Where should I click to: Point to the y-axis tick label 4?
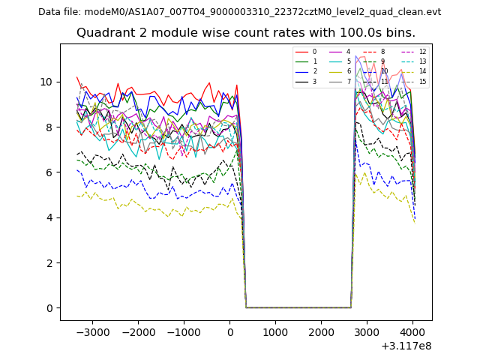pyautogui.click(x=49, y=217)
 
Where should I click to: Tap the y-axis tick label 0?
pyautogui.click(x=49, y=308)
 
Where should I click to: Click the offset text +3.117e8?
pyautogui.click(x=406, y=346)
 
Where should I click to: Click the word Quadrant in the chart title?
pyautogui.click(x=104, y=33)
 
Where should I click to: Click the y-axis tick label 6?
pyautogui.click(x=49, y=172)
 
